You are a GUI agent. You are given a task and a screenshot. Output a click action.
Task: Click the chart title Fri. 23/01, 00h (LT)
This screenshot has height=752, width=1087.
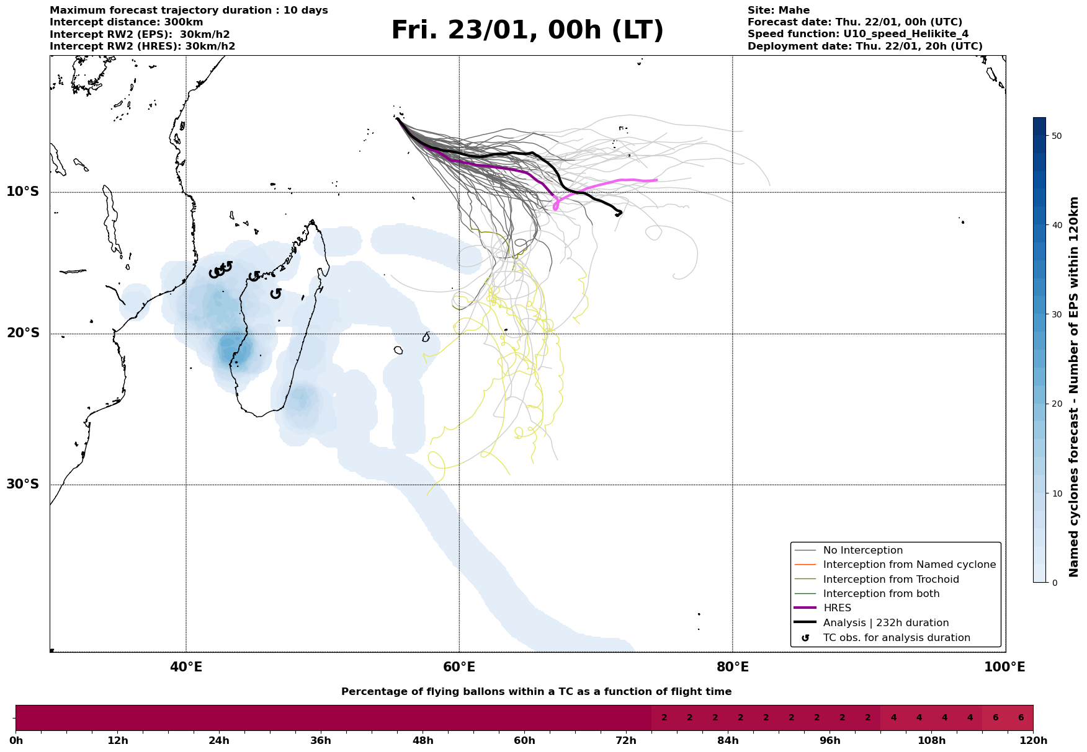pos(527,30)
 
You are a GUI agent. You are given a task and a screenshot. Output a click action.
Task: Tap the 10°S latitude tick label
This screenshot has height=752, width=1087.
pos(23,192)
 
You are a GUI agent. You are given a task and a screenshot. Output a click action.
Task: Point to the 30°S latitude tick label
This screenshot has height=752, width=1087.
pos(23,484)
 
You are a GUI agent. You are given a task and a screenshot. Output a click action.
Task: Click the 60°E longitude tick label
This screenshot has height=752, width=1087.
pos(459,668)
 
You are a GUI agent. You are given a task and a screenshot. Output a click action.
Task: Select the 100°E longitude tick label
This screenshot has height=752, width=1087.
pos(1004,668)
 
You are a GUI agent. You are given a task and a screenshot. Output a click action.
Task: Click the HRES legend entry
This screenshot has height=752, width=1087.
pos(837,608)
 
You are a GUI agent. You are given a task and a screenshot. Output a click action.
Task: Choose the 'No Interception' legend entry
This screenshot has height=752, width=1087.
pos(862,551)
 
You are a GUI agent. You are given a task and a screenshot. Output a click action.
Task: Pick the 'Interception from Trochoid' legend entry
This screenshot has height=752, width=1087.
pos(890,580)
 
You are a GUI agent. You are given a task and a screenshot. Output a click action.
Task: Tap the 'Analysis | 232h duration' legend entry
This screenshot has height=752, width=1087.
pos(885,623)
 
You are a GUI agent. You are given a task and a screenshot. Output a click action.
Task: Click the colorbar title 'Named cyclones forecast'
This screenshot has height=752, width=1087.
pos(1075,387)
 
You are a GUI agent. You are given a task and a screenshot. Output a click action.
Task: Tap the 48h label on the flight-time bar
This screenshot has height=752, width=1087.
pos(423,741)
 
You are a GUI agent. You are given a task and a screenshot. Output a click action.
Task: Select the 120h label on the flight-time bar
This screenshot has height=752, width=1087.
pos(1032,741)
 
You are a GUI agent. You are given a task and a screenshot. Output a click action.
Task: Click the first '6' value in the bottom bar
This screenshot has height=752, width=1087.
pos(995,718)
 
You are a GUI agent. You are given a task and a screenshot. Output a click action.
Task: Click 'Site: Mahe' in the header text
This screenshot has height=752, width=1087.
pos(778,11)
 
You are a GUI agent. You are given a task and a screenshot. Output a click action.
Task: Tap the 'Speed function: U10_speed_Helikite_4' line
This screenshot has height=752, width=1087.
pos(857,34)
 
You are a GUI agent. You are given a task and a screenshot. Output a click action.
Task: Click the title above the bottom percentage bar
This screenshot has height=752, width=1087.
pos(536,692)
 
